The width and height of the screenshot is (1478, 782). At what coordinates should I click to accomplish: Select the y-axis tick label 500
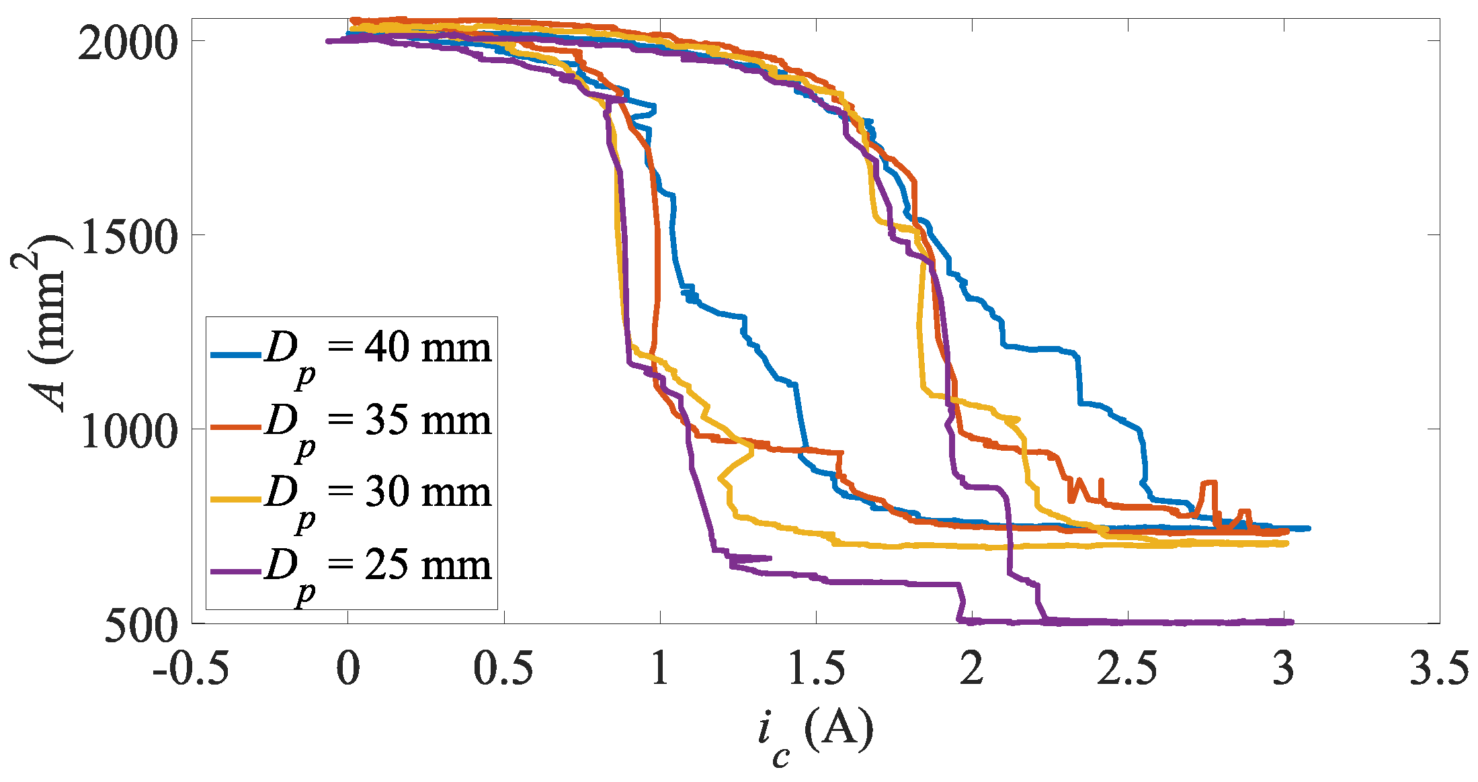click(142, 626)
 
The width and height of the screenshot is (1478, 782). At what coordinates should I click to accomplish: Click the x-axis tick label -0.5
click(191, 668)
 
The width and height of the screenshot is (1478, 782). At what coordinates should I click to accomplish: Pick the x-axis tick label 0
click(348, 668)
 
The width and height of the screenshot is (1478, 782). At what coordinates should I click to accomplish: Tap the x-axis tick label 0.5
click(503, 668)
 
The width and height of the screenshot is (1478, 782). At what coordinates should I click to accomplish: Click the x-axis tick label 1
click(660, 668)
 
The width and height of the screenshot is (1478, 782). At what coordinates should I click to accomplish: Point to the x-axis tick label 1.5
click(816, 668)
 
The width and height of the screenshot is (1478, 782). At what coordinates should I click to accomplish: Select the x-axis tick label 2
click(972, 668)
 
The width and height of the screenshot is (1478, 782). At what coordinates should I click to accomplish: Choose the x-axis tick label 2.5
click(1127, 668)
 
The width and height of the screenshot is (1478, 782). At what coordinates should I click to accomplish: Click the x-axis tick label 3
click(1284, 668)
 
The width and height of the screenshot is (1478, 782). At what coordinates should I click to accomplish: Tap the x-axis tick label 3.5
click(1439, 668)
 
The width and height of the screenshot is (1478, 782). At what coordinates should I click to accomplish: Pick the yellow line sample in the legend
click(235, 499)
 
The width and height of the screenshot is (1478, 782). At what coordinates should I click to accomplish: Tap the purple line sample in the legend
click(235, 572)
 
